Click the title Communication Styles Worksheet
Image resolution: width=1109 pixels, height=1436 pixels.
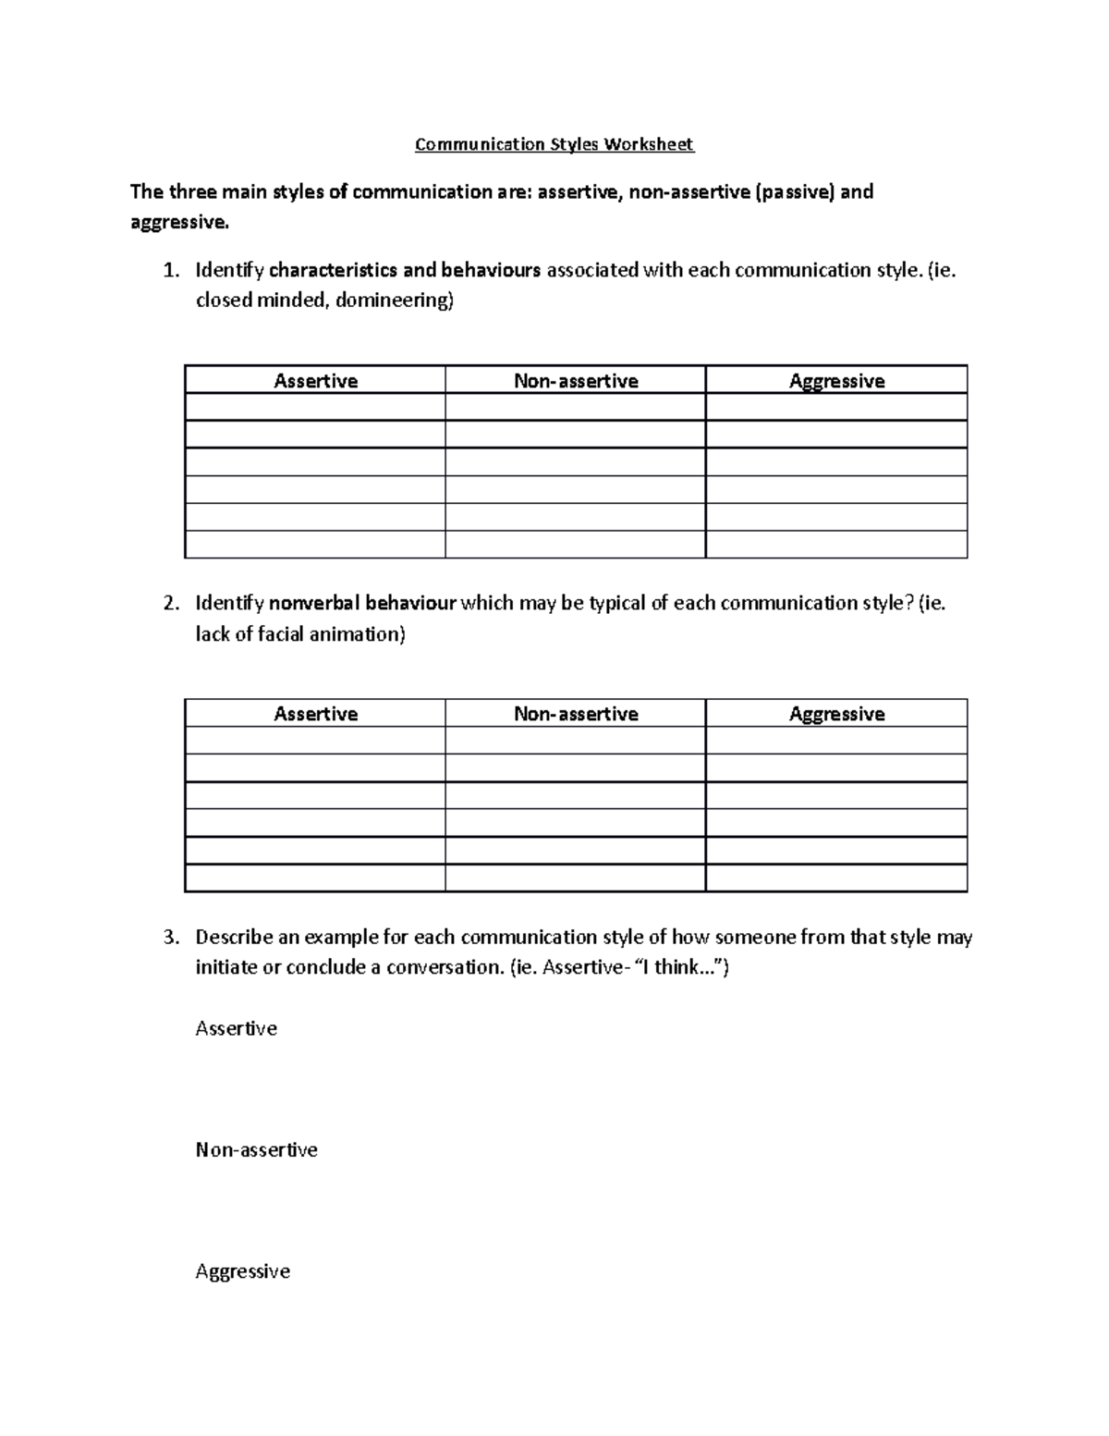(x=554, y=144)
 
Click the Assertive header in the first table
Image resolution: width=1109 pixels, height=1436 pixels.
(x=315, y=381)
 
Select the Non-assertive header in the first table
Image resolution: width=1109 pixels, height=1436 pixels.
(x=576, y=381)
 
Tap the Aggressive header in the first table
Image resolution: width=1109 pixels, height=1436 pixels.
(x=836, y=381)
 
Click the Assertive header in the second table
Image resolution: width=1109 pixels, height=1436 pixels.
(x=315, y=714)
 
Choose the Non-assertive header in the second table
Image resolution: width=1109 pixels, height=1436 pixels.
(x=576, y=714)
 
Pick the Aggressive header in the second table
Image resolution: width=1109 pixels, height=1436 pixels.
(x=836, y=714)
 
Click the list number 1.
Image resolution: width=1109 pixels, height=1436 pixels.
(x=169, y=271)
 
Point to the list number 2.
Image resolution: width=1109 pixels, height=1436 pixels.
(x=169, y=604)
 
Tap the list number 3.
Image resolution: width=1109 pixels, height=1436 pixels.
(x=169, y=938)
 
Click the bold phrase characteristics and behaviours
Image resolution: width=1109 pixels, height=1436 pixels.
(x=404, y=271)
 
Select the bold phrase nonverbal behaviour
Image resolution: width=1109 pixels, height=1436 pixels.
(x=362, y=604)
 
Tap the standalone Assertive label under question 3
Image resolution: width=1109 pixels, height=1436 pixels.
(x=236, y=1029)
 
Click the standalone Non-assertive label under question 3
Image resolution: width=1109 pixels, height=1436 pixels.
(x=256, y=1150)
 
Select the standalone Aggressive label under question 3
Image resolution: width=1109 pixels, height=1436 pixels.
(x=242, y=1271)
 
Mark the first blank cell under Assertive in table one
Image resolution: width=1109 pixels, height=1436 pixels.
(x=315, y=408)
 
